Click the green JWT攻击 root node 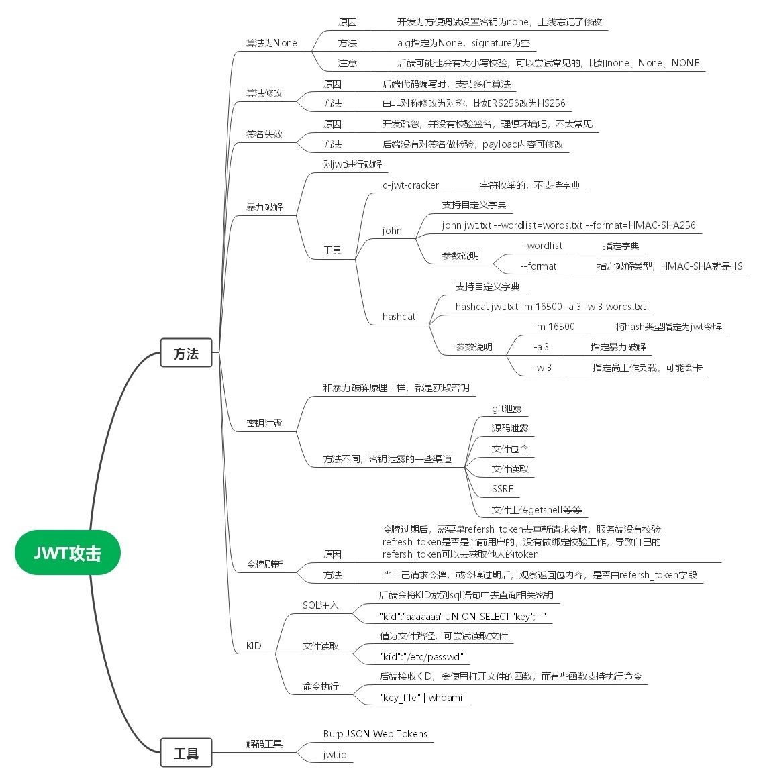point(68,553)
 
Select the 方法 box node point(186,353)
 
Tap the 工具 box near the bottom point(186,753)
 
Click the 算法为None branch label point(271,43)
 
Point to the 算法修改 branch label point(264,93)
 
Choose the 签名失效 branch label point(264,134)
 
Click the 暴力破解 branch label point(264,207)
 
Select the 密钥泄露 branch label point(264,423)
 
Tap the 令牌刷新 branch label point(264,564)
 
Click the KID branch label point(254,646)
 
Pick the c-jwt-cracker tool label point(411,185)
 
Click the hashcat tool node point(399,317)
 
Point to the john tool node point(392,231)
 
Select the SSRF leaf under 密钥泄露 point(502,489)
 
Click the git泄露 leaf point(507,409)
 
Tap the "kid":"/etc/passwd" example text point(421,657)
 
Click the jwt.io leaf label point(335,755)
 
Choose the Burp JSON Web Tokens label point(375,734)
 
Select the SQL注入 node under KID point(321,605)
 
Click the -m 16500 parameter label point(554,327)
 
